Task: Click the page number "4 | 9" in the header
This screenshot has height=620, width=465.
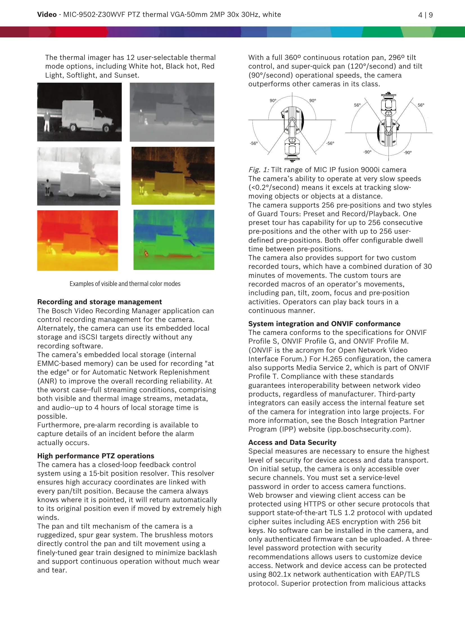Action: [x=425, y=15]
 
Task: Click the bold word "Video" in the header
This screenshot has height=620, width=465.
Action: [x=47, y=15]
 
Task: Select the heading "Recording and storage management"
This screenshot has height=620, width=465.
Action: [x=100, y=302]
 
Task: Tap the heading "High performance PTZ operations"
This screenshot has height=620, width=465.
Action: [x=96, y=456]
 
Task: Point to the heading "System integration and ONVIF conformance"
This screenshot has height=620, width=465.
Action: [x=324, y=324]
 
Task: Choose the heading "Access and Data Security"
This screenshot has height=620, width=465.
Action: [x=292, y=442]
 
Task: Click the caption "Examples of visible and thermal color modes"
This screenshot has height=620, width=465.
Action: [x=125, y=284]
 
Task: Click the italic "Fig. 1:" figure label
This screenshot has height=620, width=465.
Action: [x=259, y=170]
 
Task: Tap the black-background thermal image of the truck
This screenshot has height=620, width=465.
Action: [x=79, y=112]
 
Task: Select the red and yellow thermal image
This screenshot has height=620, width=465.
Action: [x=77, y=240]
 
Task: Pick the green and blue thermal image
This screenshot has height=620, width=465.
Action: [x=174, y=240]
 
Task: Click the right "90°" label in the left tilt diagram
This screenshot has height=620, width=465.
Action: [x=312, y=101]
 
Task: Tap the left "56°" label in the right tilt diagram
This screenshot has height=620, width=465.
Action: [x=357, y=105]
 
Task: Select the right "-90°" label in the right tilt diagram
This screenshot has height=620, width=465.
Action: [x=407, y=152]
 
